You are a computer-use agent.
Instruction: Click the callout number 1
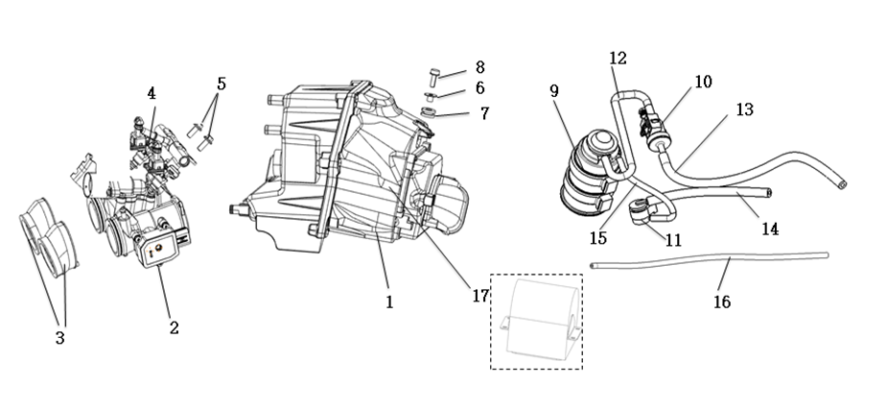[x=389, y=301]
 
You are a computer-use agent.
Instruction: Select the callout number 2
[x=174, y=327]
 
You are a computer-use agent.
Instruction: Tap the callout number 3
[x=59, y=338]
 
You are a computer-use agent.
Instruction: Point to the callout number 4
[x=152, y=93]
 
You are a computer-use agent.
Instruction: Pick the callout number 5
[x=222, y=84]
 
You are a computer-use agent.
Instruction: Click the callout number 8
[x=479, y=67]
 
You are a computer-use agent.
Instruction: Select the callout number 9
[x=554, y=91]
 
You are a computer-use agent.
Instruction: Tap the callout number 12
[x=619, y=59]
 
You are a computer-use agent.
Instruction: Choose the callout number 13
[x=744, y=109]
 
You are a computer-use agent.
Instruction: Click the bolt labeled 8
[x=434, y=75]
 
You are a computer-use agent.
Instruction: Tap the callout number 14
[x=769, y=229]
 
